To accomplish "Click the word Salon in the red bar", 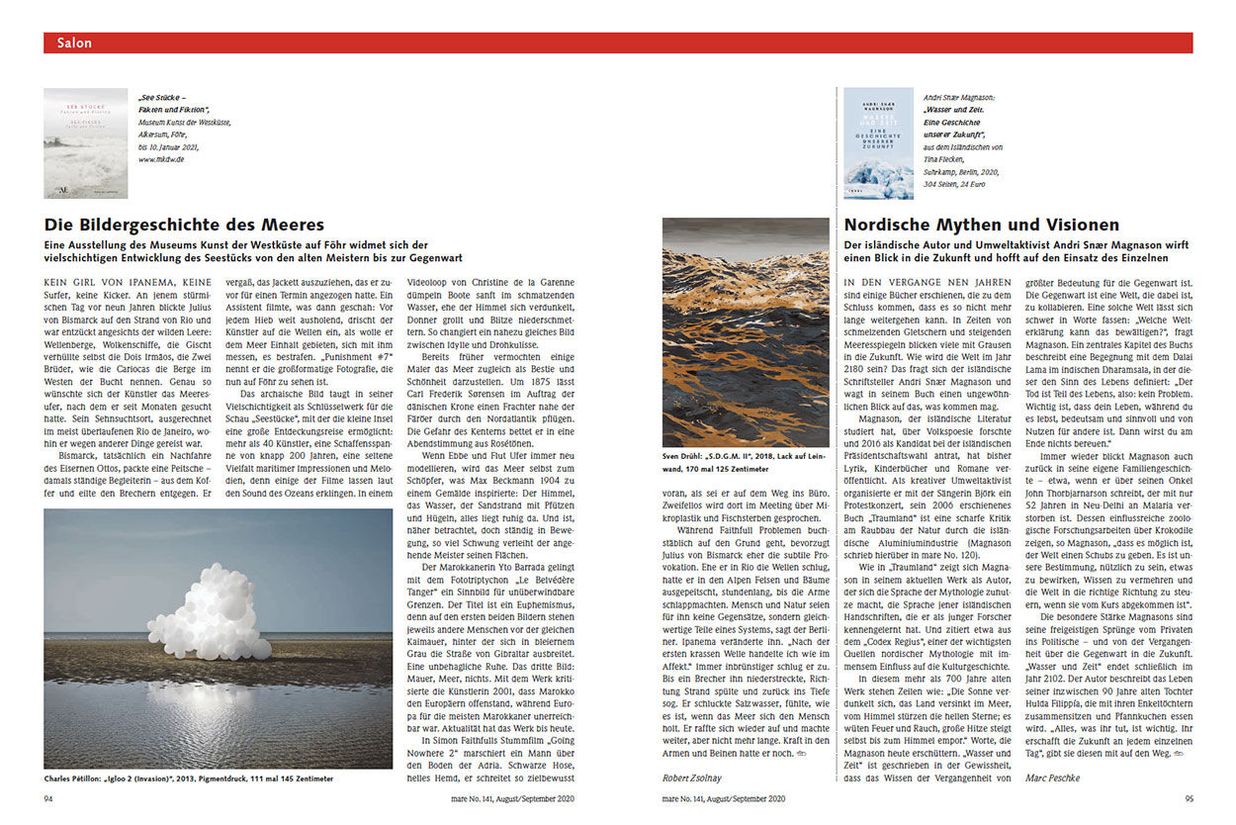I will pyautogui.click(x=75, y=43).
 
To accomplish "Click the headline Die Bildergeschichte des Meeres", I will pyautogui.click(x=184, y=226).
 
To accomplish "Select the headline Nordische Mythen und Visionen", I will pyautogui.click(x=981, y=226).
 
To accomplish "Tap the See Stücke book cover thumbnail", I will pyautogui.click(x=85, y=143).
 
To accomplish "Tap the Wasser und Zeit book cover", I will pyautogui.click(x=878, y=143).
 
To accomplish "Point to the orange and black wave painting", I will pyautogui.click(x=747, y=332).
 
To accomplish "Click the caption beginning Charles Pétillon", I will pyautogui.click(x=188, y=779).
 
